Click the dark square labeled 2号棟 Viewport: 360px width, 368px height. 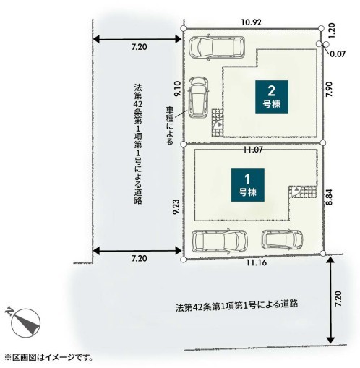click(272, 97)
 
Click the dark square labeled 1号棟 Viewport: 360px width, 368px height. click(248, 185)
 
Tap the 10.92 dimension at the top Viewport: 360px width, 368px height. click(252, 22)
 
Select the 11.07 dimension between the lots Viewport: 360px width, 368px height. click(252, 150)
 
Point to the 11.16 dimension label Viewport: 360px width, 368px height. click(257, 262)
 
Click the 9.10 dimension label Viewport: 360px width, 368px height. click(178, 89)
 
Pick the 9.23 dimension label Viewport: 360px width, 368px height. click(176, 207)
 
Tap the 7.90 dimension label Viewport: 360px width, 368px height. click(329, 90)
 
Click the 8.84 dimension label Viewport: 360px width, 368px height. click(329, 197)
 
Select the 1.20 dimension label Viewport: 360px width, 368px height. click(332, 30)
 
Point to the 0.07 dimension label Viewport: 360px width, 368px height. click(338, 54)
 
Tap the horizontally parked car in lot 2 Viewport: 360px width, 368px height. click(217, 48)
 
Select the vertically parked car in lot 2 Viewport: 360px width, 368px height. click(198, 98)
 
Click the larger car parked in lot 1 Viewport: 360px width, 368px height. click(220, 241)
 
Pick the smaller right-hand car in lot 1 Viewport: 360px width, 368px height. click(282, 240)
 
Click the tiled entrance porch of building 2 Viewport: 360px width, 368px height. click(218, 123)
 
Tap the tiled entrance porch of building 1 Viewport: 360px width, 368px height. click(303, 192)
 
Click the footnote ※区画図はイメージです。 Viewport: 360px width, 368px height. click(49, 357)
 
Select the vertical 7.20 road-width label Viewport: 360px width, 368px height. click(338, 299)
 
